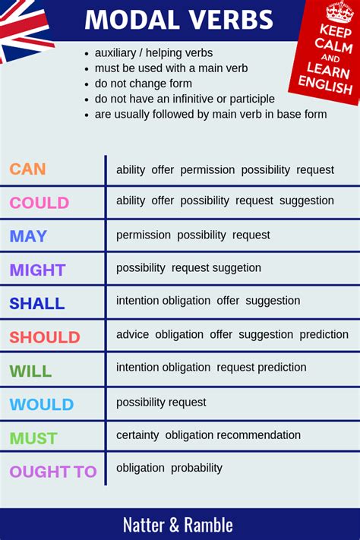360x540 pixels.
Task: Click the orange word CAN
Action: tap(27, 169)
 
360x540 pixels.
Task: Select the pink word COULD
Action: tap(39, 203)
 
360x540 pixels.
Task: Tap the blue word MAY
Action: tap(29, 236)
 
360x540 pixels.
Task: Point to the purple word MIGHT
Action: tap(37, 270)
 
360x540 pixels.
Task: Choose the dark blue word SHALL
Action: tap(36, 303)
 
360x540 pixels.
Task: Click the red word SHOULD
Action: tap(44, 336)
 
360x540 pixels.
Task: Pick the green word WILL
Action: tap(30, 371)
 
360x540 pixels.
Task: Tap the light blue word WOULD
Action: tap(41, 404)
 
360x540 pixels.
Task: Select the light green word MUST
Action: tap(33, 438)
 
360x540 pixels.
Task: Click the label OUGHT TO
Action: tap(53, 472)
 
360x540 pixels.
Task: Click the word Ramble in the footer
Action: tap(208, 524)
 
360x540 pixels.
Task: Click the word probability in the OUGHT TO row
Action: tap(197, 468)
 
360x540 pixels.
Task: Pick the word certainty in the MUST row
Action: tap(137, 435)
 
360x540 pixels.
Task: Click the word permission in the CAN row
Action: tap(207, 169)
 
